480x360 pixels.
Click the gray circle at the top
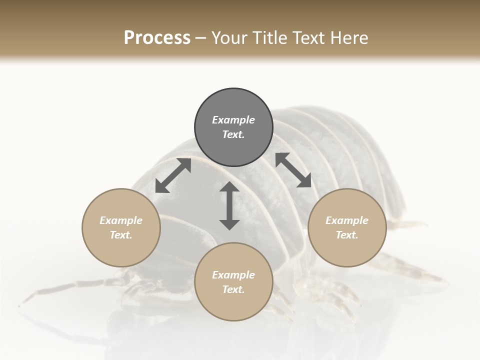point(233,127)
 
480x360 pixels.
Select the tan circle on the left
point(121,227)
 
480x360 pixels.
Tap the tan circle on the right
point(347,227)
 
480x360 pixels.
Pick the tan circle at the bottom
point(233,282)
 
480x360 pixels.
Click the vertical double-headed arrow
point(229,205)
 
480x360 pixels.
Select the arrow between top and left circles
point(173,175)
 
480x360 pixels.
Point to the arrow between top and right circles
point(293,170)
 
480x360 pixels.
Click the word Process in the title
point(157,37)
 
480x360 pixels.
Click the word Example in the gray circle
point(233,120)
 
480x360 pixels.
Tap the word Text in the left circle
point(120,235)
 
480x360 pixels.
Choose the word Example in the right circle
point(347,220)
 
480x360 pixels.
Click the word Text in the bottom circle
point(232,289)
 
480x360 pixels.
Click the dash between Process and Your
point(200,38)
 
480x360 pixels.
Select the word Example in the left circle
point(121,220)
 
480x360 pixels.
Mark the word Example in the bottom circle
point(233,275)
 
